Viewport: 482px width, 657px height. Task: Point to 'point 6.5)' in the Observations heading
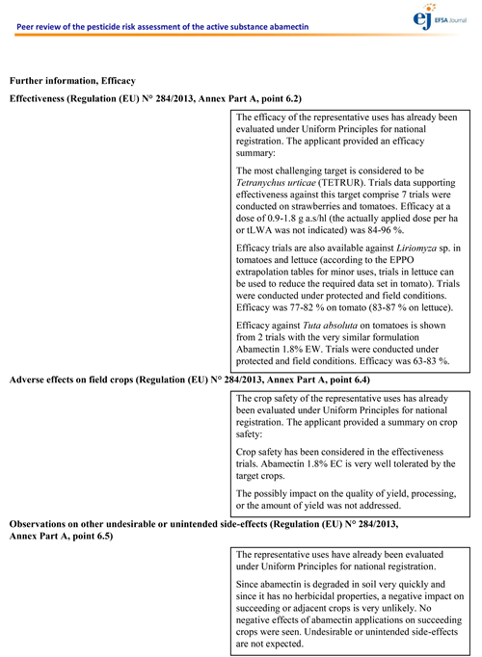[84, 536]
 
